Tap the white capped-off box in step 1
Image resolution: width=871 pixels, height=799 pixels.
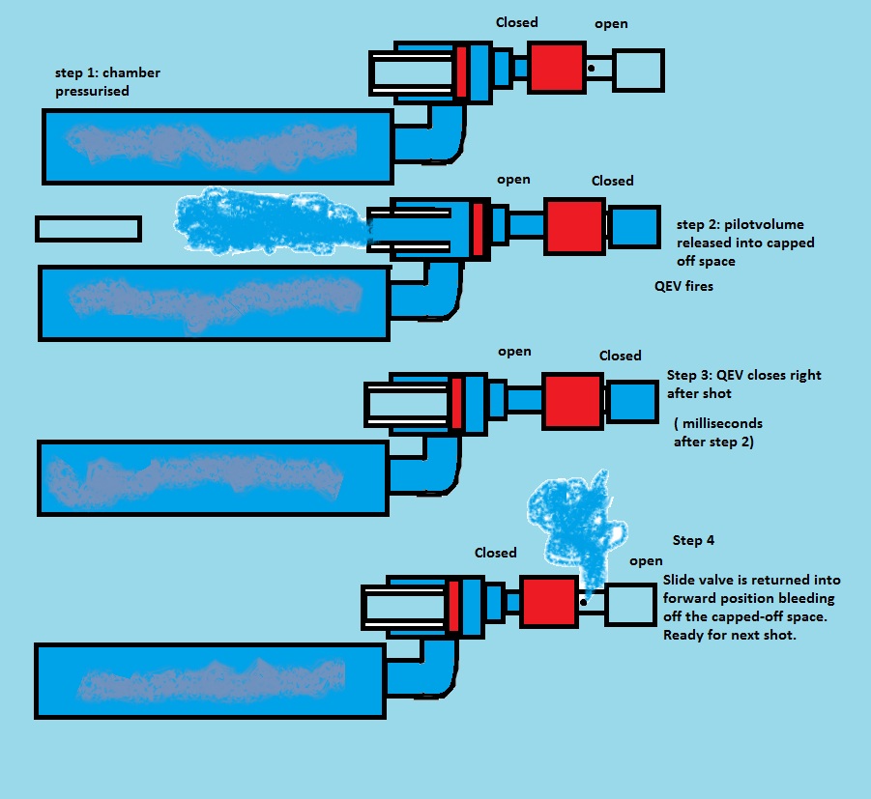[x=638, y=70]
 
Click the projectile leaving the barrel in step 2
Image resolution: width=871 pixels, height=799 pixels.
[x=88, y=229]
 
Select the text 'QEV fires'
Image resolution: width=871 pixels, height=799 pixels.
[x=683, y=287]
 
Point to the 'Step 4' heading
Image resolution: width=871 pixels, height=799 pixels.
[x=693, y=540]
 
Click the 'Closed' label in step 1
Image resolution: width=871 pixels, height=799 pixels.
[x=516, y=22]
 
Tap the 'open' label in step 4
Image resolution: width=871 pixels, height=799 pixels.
[x=646, y=561]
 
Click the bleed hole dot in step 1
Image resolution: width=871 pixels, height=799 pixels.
[x=590, y=68]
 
